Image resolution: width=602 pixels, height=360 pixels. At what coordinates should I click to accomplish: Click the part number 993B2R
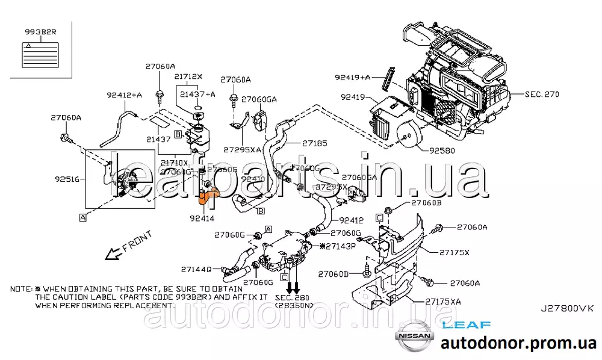click(41, 31)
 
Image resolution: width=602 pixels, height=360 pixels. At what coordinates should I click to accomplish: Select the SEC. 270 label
click(542, 95)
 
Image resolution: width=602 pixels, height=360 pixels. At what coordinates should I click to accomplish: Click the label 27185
click(315, 143)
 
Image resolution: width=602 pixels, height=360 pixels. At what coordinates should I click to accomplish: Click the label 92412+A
click(125, 95)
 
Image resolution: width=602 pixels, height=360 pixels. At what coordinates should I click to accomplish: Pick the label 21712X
click(190, 76)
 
